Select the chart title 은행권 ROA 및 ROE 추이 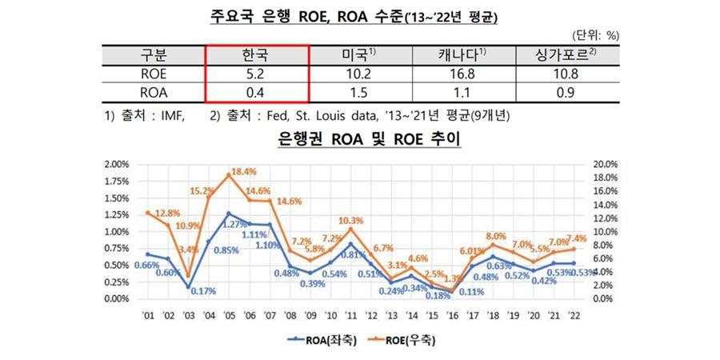pos(359,138)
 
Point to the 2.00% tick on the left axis pos(117,164)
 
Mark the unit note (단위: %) pos(595,35)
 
